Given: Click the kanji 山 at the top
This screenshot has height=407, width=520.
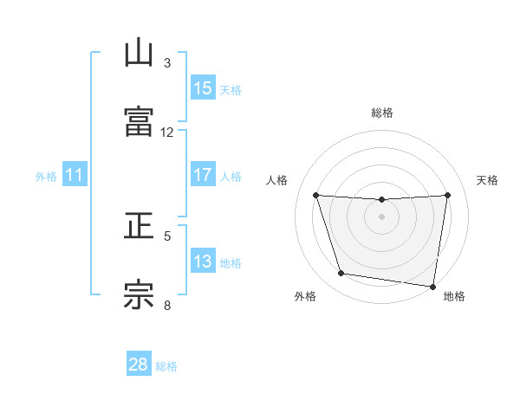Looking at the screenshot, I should pos(139,53).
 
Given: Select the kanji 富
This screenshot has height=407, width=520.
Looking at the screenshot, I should pos(139,121).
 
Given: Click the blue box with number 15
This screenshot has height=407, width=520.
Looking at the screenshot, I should pos(202,88).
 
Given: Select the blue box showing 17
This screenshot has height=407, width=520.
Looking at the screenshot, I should pos(202,175).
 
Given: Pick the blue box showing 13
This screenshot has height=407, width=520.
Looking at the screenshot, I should pos(202,262).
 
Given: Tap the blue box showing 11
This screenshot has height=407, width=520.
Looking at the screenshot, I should pos(75,175).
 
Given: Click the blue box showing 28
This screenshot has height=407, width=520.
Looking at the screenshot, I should pos(139,365).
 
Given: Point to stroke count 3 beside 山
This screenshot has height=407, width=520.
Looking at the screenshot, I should pos(167,63).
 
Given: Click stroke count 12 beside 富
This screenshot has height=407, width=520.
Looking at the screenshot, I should pos(167,132).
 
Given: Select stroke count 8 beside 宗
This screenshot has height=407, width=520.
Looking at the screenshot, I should pos(167,304).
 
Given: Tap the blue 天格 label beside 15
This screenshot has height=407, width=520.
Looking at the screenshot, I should pos(231,89).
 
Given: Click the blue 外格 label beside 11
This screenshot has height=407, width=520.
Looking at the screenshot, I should pos(46,176).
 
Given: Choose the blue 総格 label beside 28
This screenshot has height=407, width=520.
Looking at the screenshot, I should pos(166,365).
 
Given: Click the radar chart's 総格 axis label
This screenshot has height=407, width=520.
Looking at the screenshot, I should pos(382,113).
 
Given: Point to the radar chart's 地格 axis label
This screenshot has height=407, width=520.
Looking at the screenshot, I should pos(454,297).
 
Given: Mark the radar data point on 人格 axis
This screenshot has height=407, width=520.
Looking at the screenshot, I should pos(315,195).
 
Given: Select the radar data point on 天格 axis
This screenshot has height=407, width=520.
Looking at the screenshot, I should pos(448,195).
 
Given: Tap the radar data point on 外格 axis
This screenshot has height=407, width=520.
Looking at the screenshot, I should pos(341,274).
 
